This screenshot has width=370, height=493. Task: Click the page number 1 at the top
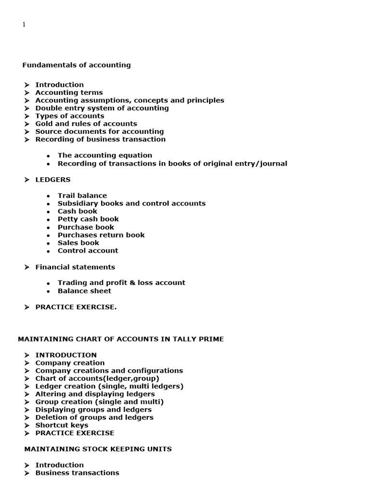[x=24, y=25]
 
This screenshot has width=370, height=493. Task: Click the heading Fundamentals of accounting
[x=76, y=65]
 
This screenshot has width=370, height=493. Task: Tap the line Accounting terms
[x=69, y=92]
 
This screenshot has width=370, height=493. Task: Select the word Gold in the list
[x=44, y=124]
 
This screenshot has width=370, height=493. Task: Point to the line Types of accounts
[x=69, y=116]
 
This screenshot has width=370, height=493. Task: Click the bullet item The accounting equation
[x=105, y=156]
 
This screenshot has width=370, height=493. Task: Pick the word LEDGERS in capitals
[x=53, y=180]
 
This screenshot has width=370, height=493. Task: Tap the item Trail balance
[x=82, y=195]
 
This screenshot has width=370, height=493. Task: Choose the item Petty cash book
[x=88, y=219]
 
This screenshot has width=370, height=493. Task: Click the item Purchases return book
[x=101, y=235]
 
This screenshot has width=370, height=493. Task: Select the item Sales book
[x=78, y=243]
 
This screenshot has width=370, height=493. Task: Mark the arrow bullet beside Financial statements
[x=27, y=267]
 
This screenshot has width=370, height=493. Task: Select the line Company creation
[x=69, y=363]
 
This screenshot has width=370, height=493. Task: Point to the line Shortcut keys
[x=61, y=425]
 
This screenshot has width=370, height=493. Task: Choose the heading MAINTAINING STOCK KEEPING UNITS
[x=98, y=449]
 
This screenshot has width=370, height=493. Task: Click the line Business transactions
[x=77, y=473]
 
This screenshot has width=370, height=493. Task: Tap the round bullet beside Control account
[x=48, y=251]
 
